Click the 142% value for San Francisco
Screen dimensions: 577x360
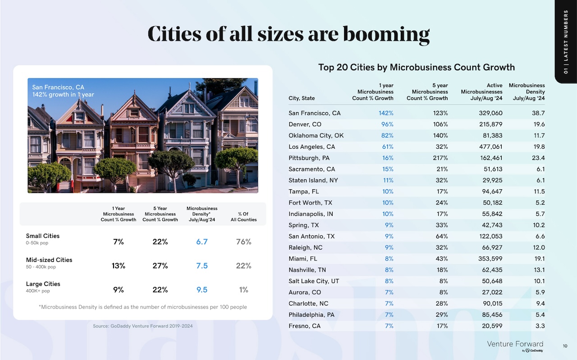pos(385,113)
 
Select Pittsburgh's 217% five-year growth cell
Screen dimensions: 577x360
pos(440,158)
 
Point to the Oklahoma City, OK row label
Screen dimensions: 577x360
pos(316,136)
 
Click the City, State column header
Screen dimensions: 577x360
pos(302,98)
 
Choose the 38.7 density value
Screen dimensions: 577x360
pos(538,113)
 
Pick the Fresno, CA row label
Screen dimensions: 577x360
pos(304,326)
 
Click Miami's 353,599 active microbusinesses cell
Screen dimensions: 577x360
pos(490,259)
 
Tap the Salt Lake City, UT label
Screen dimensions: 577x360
pos(314,281)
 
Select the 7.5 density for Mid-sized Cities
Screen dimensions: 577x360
pos(201,265)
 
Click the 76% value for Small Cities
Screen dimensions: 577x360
pos(243,242)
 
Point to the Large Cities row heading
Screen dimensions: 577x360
pos(43,284)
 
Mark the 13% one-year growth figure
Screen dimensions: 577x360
pos(118,265)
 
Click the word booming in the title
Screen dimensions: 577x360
pos(386,35)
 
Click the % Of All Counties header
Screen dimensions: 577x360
pos(243,217)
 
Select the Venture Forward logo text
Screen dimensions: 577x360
pos(515,344)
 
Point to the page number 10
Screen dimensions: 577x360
pos(565,346)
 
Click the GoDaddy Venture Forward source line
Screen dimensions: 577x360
pos(143,326)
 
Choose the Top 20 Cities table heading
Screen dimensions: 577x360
pos(417,67)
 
